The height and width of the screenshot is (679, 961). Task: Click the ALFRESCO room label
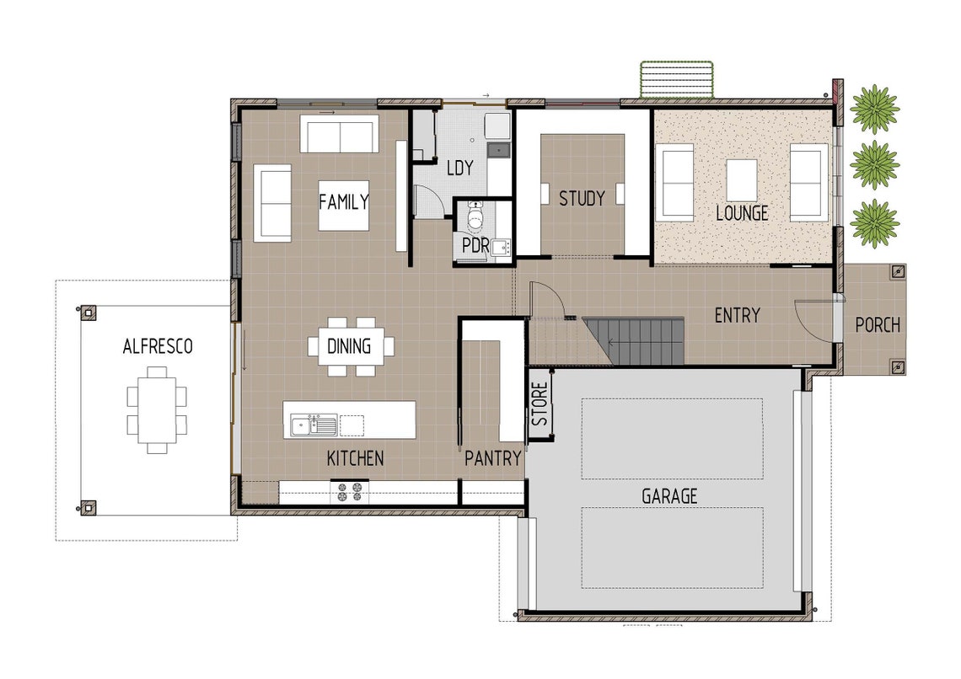click(x=158, y=346)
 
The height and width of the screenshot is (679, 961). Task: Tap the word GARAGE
click(x=669, y=496)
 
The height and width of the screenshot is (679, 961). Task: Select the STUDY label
click(x=582, y=199)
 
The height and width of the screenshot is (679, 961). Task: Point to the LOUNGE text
click(x=742, y=213)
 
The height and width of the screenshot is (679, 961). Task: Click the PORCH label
click(x=877, y=324)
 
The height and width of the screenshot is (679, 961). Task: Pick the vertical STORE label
click(x=540, y=404)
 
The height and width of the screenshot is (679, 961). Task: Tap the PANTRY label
click(x=493, y=458)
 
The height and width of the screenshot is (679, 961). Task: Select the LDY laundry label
click(x=459, y=168)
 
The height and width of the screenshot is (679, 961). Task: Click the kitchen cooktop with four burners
click(x=349, y=491)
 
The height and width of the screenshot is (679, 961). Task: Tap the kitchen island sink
click(x=313, y=424)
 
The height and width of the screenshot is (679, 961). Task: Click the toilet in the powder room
click(x=475, y=221)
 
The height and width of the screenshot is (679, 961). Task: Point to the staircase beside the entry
click(x=634, y=341)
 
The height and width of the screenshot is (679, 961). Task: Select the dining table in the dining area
click(x=351, y=345)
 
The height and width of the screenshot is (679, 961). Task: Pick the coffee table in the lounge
click(x=741, y=180)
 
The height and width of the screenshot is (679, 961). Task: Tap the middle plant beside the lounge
click(x=874, y=164)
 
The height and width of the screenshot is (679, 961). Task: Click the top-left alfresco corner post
click(x=89, y=311)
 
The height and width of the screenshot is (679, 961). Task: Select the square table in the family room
click(x=343, y=205)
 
